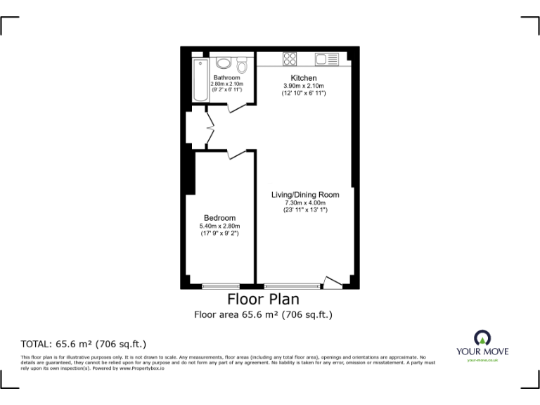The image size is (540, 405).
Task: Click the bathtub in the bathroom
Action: coord(199,79)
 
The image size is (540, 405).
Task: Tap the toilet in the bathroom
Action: coord(242,65)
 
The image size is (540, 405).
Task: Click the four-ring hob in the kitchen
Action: coord(289,59)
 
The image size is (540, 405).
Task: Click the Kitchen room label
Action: coord(304,78)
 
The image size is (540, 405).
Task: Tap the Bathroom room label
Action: coord(226,77)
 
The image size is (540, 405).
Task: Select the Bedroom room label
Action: coord(219,218)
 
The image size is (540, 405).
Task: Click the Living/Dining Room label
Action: coord(305,195)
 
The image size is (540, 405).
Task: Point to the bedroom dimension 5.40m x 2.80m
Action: coord(219,226)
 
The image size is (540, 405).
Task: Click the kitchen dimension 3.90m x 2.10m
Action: coord(304,86)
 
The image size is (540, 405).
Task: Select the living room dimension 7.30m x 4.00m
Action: coord(305,202)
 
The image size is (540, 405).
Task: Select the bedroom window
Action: coord(219,286)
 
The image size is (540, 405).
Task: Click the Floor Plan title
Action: coord(263,300)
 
